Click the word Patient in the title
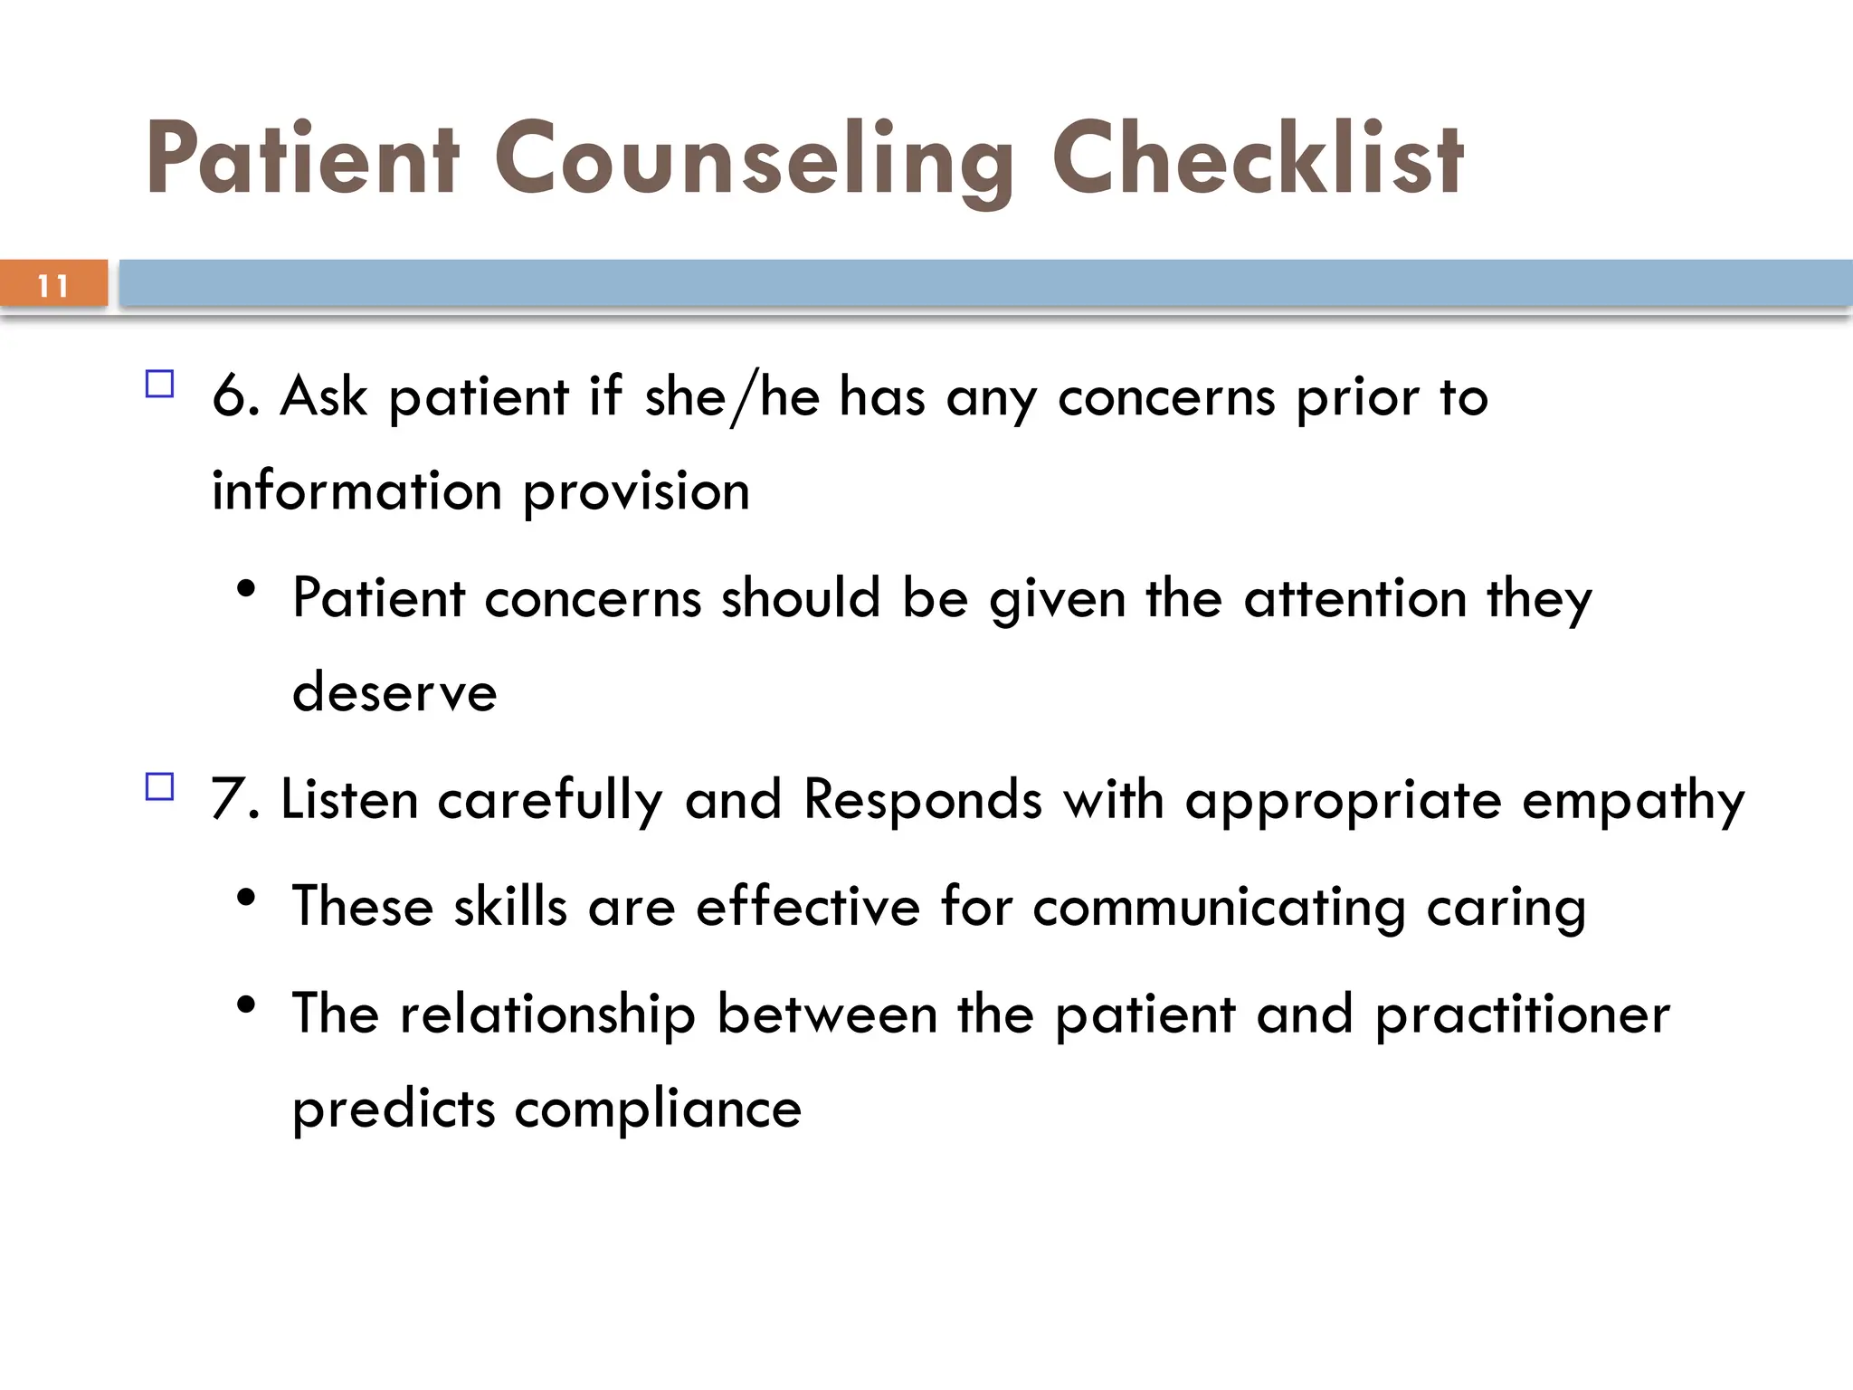[x=302, y=159]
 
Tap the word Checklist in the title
[x=1257, y=159]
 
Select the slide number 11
[x=53, y=286]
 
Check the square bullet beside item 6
[x=159, y=385]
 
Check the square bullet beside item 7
[x=159, y=786]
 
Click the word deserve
[x=394, y=693]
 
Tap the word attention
[x=1354, y=599]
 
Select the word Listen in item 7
[x=349, y=800]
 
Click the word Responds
[x=923, y=800]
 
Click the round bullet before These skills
[x=245, y=898]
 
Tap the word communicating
[x=1219, y=909]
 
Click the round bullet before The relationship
[x=245, y=1004]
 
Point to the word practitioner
[x=1522, y=1015]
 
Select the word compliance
[x=658, y=1109]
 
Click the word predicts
[x=394, y=1109]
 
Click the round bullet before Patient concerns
[x=245, y=589]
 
